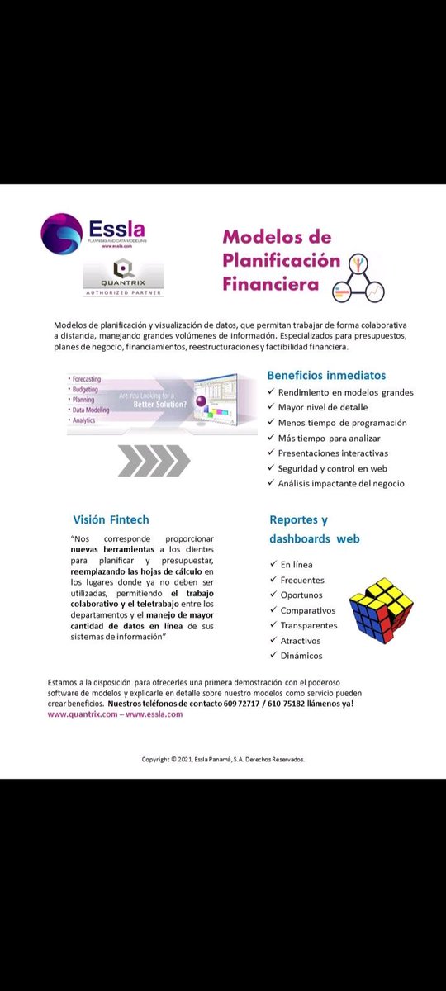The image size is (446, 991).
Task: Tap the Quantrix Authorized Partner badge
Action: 124,277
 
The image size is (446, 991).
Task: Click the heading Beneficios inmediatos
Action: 325,375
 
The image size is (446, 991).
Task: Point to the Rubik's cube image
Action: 381,609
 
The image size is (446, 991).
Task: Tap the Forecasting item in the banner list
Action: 90,379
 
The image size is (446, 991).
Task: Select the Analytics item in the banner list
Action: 86,419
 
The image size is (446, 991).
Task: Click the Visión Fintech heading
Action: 111,519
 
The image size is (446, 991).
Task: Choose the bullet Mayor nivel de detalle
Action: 323,407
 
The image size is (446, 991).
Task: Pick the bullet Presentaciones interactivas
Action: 333,453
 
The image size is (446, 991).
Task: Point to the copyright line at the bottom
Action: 223,758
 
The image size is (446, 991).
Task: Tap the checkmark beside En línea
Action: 273,564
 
